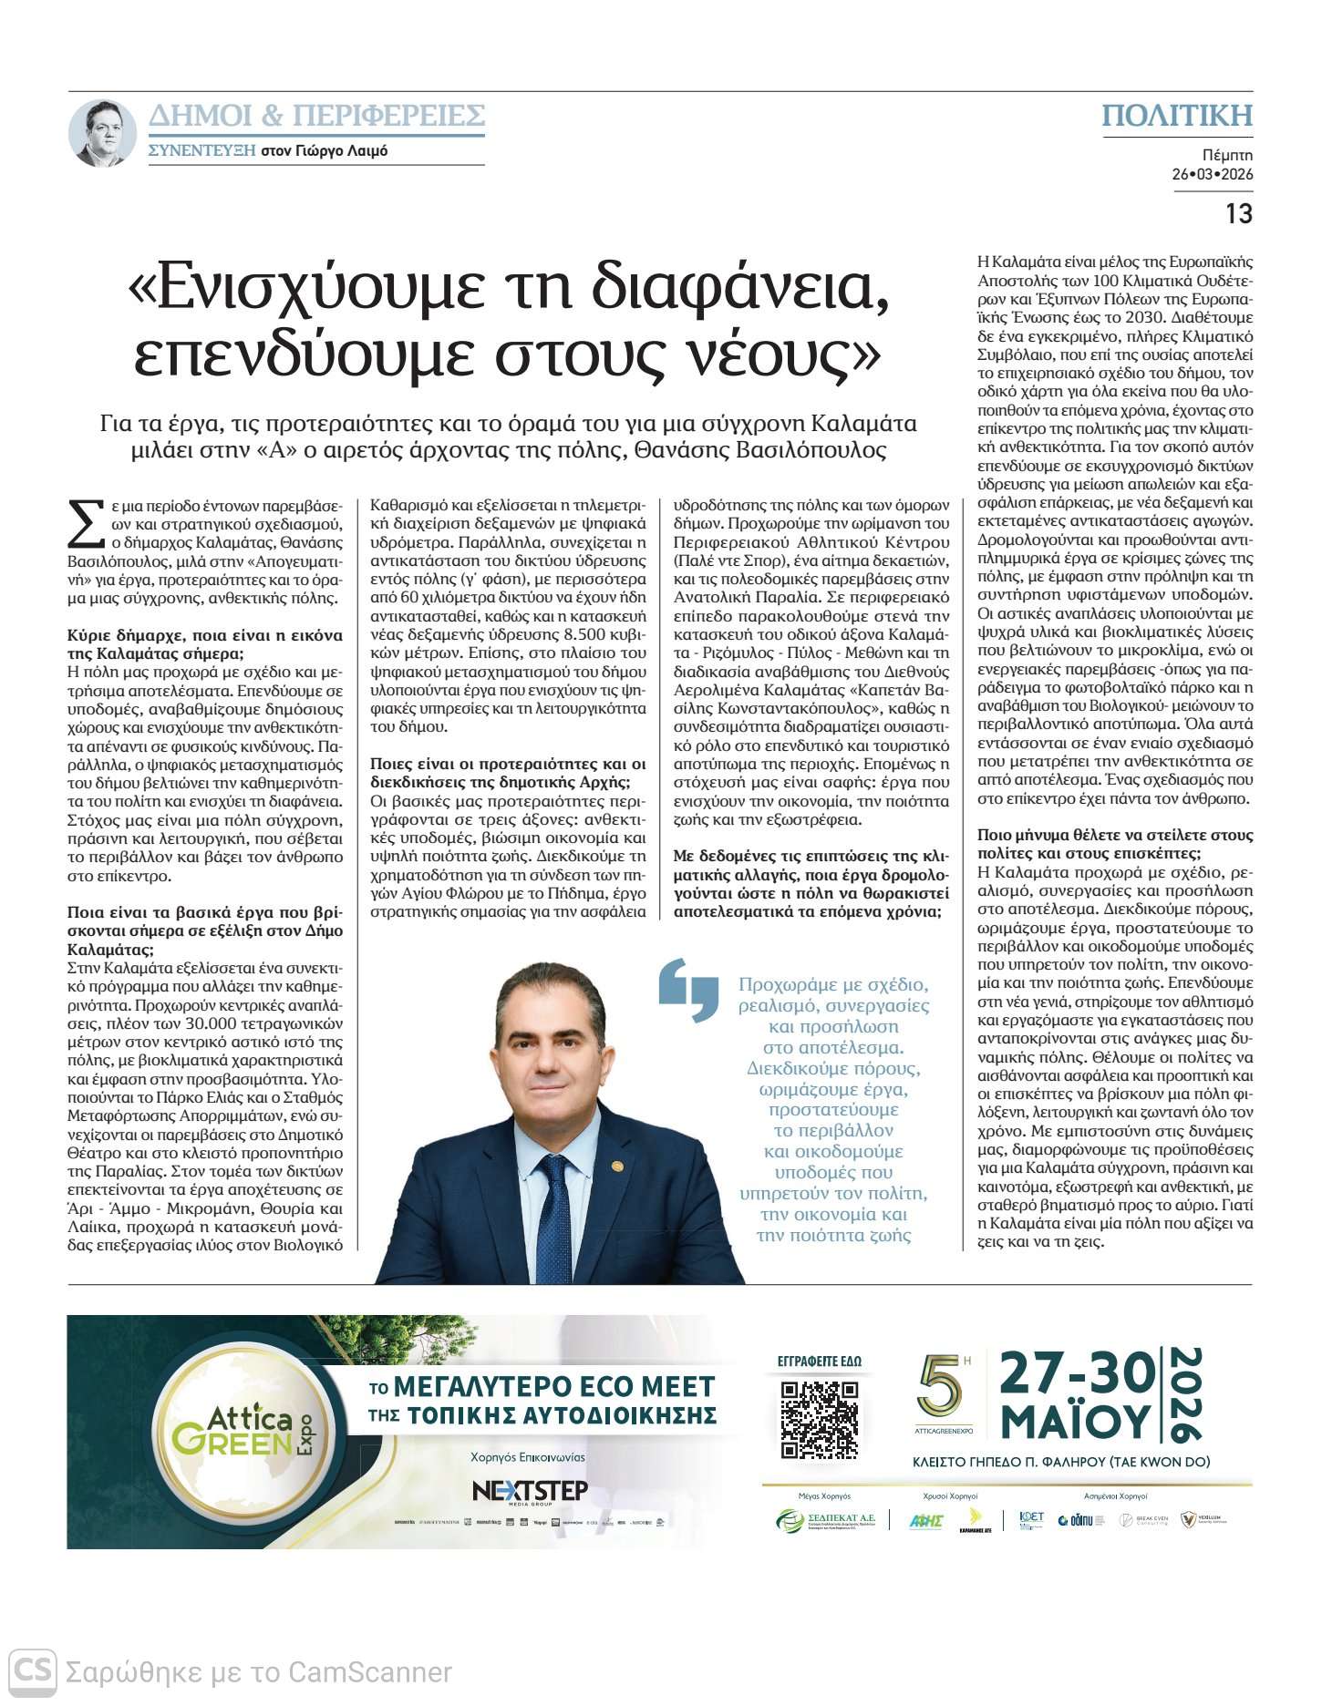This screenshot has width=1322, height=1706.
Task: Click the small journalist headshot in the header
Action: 103,133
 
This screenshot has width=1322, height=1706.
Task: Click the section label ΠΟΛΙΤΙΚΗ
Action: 1177,116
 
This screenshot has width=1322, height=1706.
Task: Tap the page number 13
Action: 1238,213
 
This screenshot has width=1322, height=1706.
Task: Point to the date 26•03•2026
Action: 1212,174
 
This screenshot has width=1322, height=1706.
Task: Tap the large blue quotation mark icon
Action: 688,989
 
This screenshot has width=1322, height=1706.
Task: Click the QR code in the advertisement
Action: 820,1419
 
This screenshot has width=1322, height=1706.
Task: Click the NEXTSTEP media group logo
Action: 530,1491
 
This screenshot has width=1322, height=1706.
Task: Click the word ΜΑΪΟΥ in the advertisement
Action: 1076,1421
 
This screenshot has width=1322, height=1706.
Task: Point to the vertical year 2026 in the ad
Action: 1184,1395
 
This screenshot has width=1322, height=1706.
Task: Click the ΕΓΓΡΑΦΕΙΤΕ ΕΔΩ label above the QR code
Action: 819,1362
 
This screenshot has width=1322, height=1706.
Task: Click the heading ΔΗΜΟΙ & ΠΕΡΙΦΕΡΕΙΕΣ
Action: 316,116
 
